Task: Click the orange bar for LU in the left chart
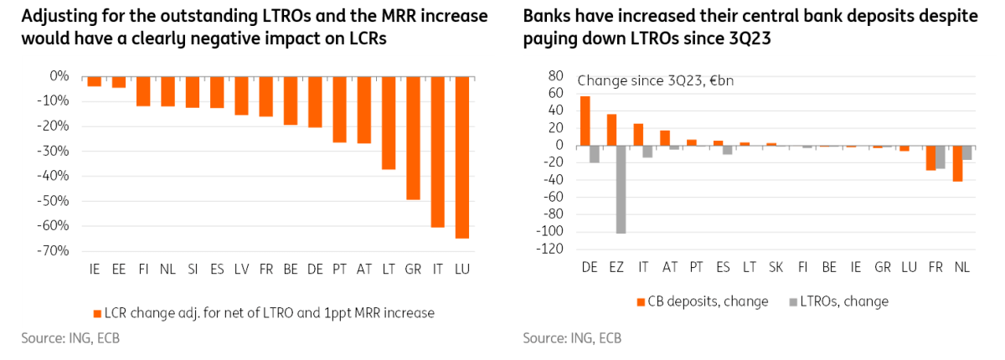pos(462,157)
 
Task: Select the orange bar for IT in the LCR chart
pos(437,152)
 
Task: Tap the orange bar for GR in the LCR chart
pos(413,138)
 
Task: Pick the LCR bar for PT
pos(339,109)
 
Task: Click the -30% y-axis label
pos(54,152)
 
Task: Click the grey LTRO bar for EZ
pos(621,189)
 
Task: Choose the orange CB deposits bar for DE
pos(585,121)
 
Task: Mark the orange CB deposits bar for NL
pos(957,163)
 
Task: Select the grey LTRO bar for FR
pos(941,157)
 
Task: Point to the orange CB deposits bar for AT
pos(665,138)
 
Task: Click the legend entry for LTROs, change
pos(843,301)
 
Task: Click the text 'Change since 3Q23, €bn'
pos(656,81)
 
